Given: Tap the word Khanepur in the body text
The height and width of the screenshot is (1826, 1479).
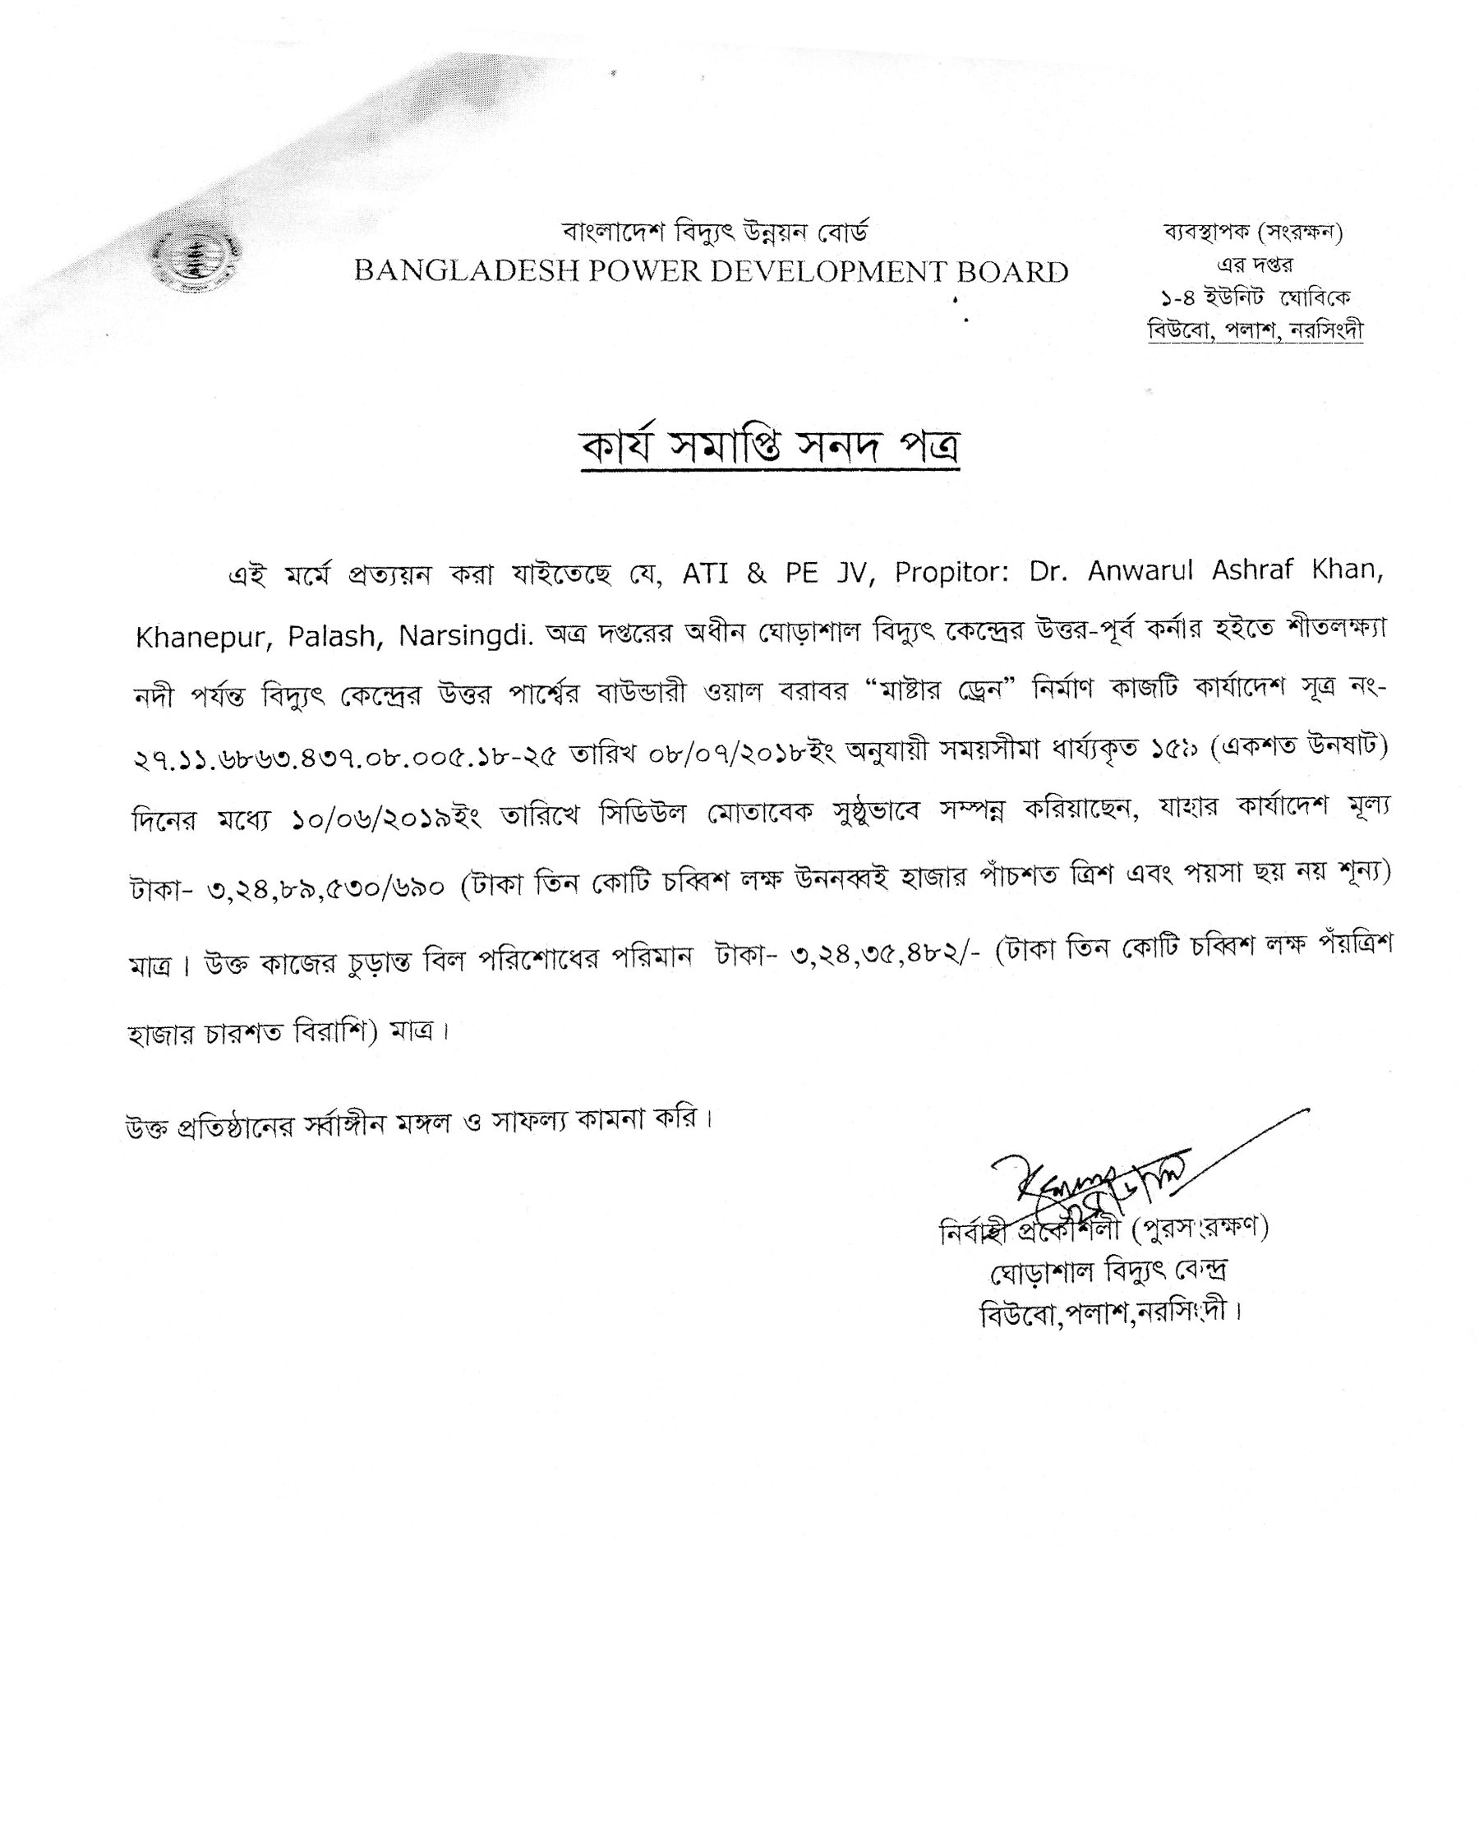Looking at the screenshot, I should pyautogui.click(x=203, y=638).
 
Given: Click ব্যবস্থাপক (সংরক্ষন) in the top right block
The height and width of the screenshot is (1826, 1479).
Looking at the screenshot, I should pyautogui.click(x=1253, y=232).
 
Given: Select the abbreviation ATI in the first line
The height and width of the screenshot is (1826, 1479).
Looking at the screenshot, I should pyautogui.click(x=706, y=574).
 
